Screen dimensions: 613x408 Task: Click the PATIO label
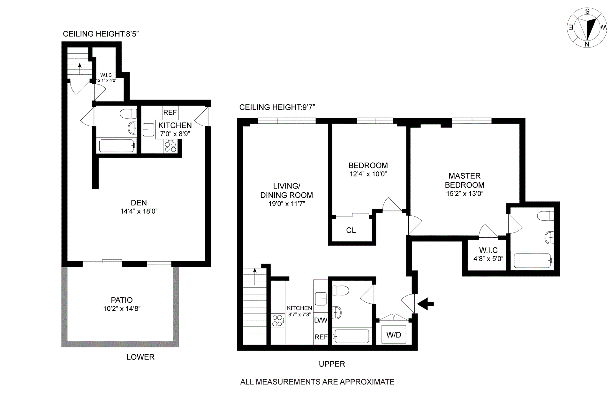(122, 300)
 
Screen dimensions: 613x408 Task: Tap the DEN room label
(139, 203)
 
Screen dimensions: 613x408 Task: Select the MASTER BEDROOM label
(465, 181)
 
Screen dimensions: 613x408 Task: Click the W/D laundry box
(394, 335)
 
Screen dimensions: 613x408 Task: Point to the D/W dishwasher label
(321, 320)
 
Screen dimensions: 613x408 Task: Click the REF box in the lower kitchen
(170, 112)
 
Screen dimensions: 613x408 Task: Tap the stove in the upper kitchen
(277, 321)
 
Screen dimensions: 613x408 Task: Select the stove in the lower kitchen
(170, 147)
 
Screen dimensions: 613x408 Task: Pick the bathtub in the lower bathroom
(116, 146)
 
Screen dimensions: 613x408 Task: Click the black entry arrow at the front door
(426, 304)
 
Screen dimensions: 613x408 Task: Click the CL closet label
(351, 230)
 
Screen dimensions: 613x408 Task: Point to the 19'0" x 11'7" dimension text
(287, 204)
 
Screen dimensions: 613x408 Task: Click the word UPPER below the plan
(332, 364)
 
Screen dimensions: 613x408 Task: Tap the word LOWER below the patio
(140, 357)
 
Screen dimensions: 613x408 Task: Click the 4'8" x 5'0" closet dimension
(488, 259)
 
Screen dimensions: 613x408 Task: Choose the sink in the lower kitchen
(148, 130)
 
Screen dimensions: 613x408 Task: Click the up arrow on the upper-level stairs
(255, 276)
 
